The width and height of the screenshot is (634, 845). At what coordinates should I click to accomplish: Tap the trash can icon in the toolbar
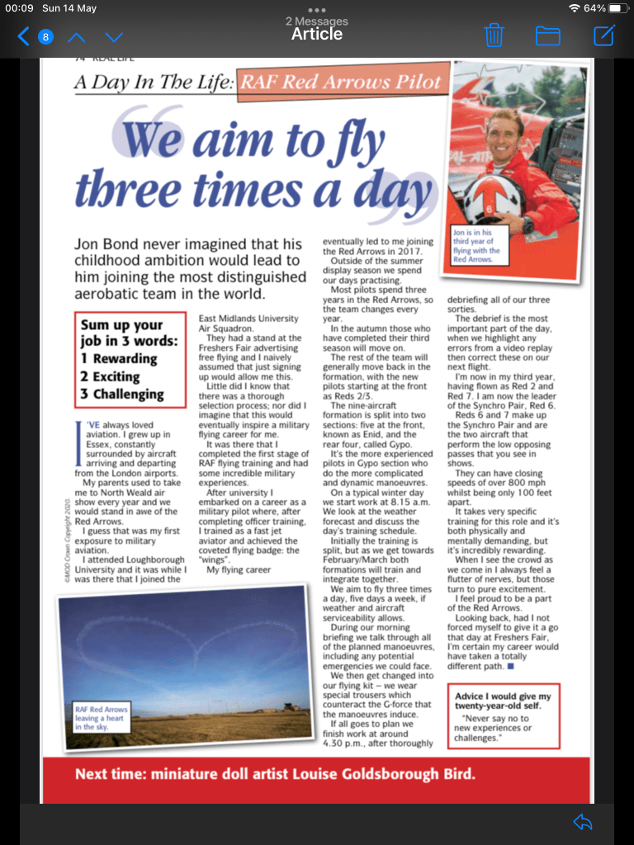[x=494, y=35]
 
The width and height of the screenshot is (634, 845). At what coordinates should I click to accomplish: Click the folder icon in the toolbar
[x=548, y=35]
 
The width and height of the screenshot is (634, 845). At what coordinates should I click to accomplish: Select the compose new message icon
[x=604, y=35]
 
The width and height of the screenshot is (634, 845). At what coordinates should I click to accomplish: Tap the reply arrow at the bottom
[x=583, y=821]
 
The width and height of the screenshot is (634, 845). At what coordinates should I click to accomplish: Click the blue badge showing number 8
[x=45, y=36]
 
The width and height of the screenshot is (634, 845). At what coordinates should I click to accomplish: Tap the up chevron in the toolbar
[x=76, y=36]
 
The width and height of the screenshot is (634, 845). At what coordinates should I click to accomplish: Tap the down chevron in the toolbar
[x=115, y=36]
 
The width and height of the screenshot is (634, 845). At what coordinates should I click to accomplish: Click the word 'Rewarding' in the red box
[x=125, y=359]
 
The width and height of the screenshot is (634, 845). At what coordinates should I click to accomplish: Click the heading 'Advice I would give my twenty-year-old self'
[x=502, y=701]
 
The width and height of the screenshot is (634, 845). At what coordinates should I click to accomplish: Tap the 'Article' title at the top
[x=317, y=34]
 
